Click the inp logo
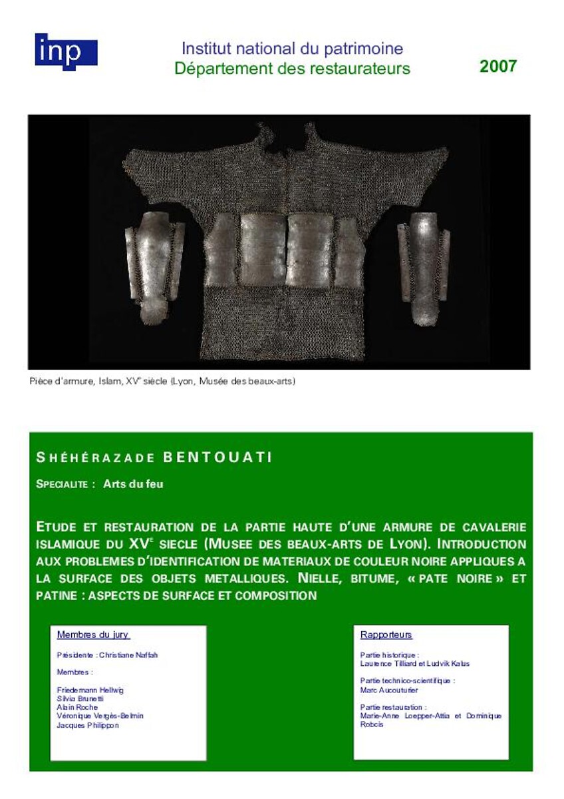[66, 51]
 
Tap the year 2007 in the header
[497, 66]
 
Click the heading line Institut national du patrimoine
[292, 49]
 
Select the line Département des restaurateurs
[292, 69]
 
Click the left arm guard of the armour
[155, 265]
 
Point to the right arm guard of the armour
[424, 266]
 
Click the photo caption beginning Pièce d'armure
[162, 382]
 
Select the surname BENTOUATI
[217, 457]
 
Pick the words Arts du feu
[133, 484]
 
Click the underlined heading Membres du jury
[93, 635]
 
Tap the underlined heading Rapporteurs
[386, 635]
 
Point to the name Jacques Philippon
[88, 725]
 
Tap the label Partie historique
[389, 655]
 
